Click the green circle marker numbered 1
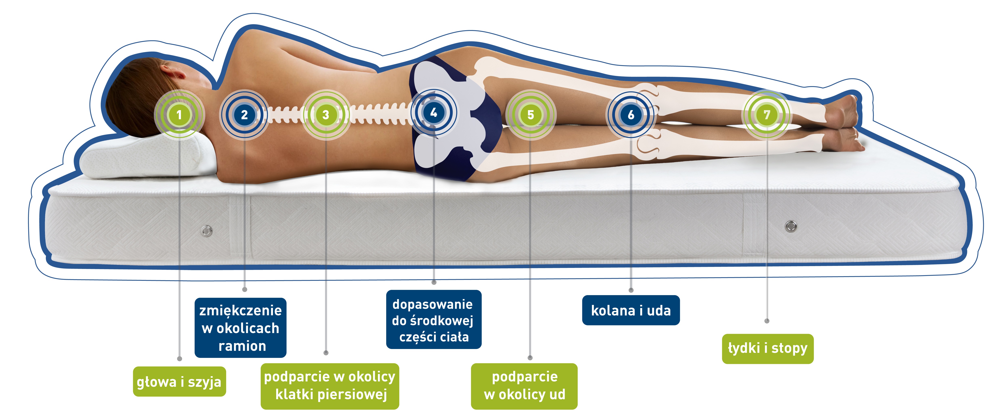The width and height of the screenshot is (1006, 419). (x=179, y=115)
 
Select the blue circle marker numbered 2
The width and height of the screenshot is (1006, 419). (x=244, y=115)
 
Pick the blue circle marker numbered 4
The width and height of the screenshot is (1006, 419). (x=433, y=113)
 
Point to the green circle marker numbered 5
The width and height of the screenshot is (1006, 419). (x=530, y=115)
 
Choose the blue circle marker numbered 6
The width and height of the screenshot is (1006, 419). (x=631, y=115)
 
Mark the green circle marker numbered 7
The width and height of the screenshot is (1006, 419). (x=767, y=115)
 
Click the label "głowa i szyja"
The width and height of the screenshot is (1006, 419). (x=179, y=381)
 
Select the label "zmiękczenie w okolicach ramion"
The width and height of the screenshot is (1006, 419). (x=241, y=328)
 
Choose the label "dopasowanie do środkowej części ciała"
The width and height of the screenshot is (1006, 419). (x=433, y=320)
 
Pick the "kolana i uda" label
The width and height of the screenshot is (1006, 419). (x=631, y=310)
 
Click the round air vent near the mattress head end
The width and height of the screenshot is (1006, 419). (x=207, y=231)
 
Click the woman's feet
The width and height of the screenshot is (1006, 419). (x=843, y=123)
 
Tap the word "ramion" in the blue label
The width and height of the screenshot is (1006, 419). (x=242, y=346)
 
